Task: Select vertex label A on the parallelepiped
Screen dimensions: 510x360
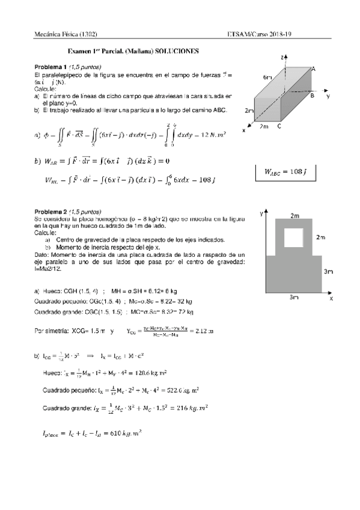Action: (314, 70)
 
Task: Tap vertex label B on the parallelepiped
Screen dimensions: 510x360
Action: (313, 96)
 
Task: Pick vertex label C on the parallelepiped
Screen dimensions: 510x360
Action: (279, 127)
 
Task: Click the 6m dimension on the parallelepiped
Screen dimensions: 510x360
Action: (267, 78)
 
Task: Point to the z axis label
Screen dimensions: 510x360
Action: (282, 57)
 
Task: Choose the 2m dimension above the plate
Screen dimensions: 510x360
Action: (294, 215)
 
